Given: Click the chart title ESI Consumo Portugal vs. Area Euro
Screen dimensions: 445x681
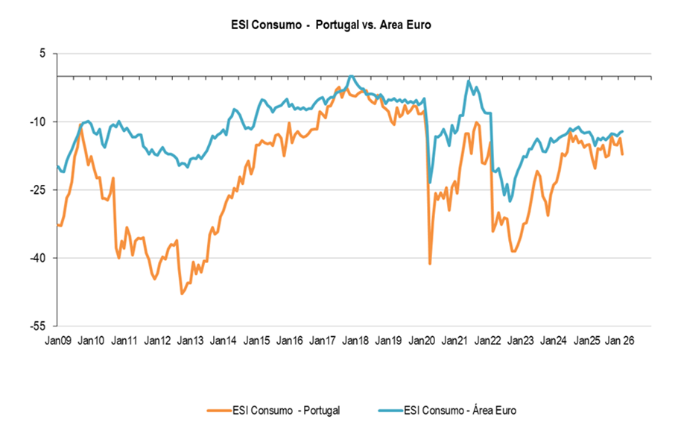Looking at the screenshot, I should coord(331,25).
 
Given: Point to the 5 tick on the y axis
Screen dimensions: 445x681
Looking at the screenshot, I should coord(42,54).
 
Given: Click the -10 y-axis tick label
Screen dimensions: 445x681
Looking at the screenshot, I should coord(38,121).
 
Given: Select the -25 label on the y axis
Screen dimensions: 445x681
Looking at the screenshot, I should coord(38,190).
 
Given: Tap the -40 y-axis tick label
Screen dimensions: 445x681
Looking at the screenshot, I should coord(38,258).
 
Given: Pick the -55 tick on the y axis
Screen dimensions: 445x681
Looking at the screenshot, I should coord(38,326).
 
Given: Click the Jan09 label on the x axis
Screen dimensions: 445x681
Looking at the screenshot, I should coord(58,341).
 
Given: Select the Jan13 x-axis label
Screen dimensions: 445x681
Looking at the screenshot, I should coord(190,341).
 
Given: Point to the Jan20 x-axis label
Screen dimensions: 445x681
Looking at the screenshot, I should coord(422,341).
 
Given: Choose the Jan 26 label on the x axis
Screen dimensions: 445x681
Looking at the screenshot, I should coord(620,341).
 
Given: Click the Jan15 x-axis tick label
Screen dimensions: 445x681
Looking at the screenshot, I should coord(256,341).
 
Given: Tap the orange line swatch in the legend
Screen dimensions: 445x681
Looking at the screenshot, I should coord(218,409).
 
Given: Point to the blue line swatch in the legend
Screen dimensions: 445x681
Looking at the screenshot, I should coord(389,409).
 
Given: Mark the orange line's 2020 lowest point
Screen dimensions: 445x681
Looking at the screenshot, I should coord(430,263).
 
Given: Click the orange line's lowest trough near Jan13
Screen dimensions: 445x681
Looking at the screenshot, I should coord(182,294).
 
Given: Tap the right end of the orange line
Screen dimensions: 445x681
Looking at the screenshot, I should coord(622,154).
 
